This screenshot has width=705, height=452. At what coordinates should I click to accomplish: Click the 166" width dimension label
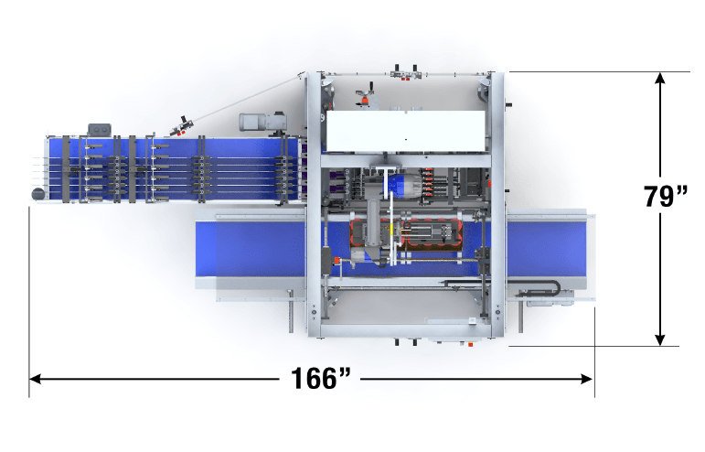321,378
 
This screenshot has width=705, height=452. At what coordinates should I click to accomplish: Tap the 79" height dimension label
666,196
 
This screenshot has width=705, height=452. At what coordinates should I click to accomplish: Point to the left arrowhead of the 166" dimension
35,379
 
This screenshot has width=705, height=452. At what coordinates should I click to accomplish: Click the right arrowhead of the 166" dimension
587,379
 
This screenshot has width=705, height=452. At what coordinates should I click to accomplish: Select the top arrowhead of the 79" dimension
659,79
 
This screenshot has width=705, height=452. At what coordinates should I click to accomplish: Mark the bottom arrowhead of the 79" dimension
659,339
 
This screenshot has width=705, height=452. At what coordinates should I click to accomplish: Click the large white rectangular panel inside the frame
406,131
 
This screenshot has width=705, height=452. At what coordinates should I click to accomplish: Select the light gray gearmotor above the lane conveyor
262,122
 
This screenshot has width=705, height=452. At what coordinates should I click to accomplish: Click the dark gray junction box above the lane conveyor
100,130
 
